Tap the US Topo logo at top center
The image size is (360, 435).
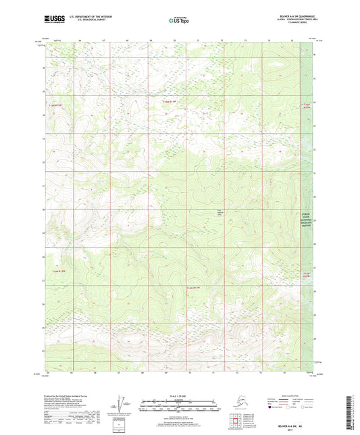pyautogui.click(x=179, y=20)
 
